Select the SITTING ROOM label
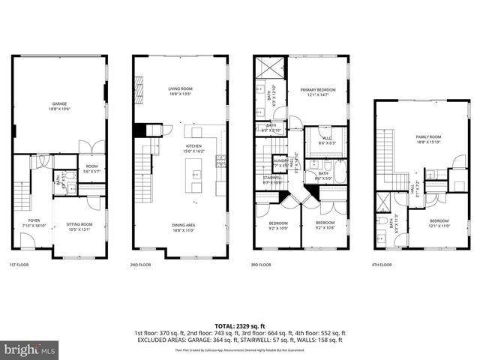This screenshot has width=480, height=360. tap(79, 226)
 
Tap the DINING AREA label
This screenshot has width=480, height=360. tap(181, 228)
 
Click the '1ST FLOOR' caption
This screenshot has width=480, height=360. tap(19, 265)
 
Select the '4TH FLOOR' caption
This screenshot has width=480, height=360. tap(382, 265)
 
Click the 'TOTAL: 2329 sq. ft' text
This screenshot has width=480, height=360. tap(240, 325)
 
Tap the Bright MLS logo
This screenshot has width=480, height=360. tap(30, 349)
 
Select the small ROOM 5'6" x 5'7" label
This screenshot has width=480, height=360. tap(91, 169)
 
